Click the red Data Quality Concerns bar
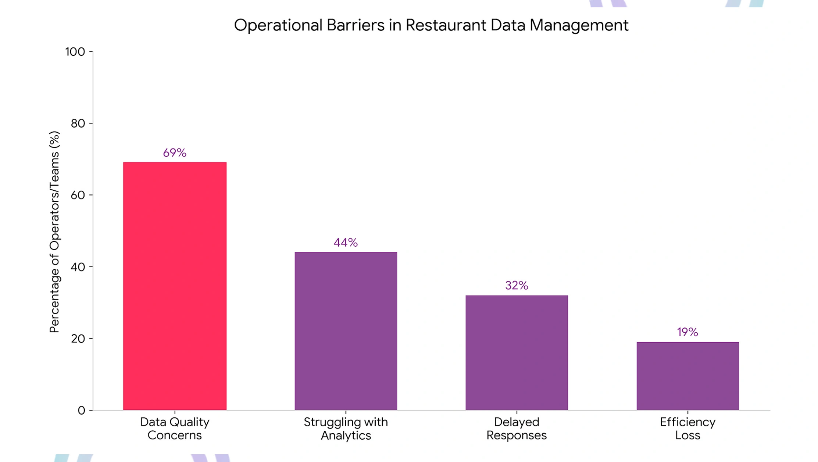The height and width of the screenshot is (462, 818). click(x=175, y=286)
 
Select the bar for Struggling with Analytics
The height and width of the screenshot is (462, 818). click(x=346, y=331)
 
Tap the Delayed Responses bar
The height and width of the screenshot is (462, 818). click(x=517, y=352)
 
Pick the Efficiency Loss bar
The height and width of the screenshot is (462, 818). click(x=687, y=376)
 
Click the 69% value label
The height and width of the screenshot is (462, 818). click(x=175, y=153)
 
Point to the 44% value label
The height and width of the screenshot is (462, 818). click(x=346, y=243)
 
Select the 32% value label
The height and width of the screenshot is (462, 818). click(x=517, y=285)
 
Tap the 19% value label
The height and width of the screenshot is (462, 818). click(x=687, y=332)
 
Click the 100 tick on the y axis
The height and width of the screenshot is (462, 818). click(x=75, y=52)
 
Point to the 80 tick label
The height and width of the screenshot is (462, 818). click(x=78, y=123)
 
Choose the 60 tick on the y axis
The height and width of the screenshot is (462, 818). click(x=78, y=195)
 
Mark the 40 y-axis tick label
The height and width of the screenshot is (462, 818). click(x=78, y=267)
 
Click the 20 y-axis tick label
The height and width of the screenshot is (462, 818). click(x=78, y=339)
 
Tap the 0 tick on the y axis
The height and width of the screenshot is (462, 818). click(x=81, y=410)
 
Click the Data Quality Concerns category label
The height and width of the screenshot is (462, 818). click(x=175, y=429)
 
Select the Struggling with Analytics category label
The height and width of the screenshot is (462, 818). click(x=346, y=429)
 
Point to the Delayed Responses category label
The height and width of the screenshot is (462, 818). click(x=517, y=429)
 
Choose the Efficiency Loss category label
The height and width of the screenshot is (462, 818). click(x=687, y=429)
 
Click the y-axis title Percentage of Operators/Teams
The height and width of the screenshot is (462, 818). click(x=54, y=232)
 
